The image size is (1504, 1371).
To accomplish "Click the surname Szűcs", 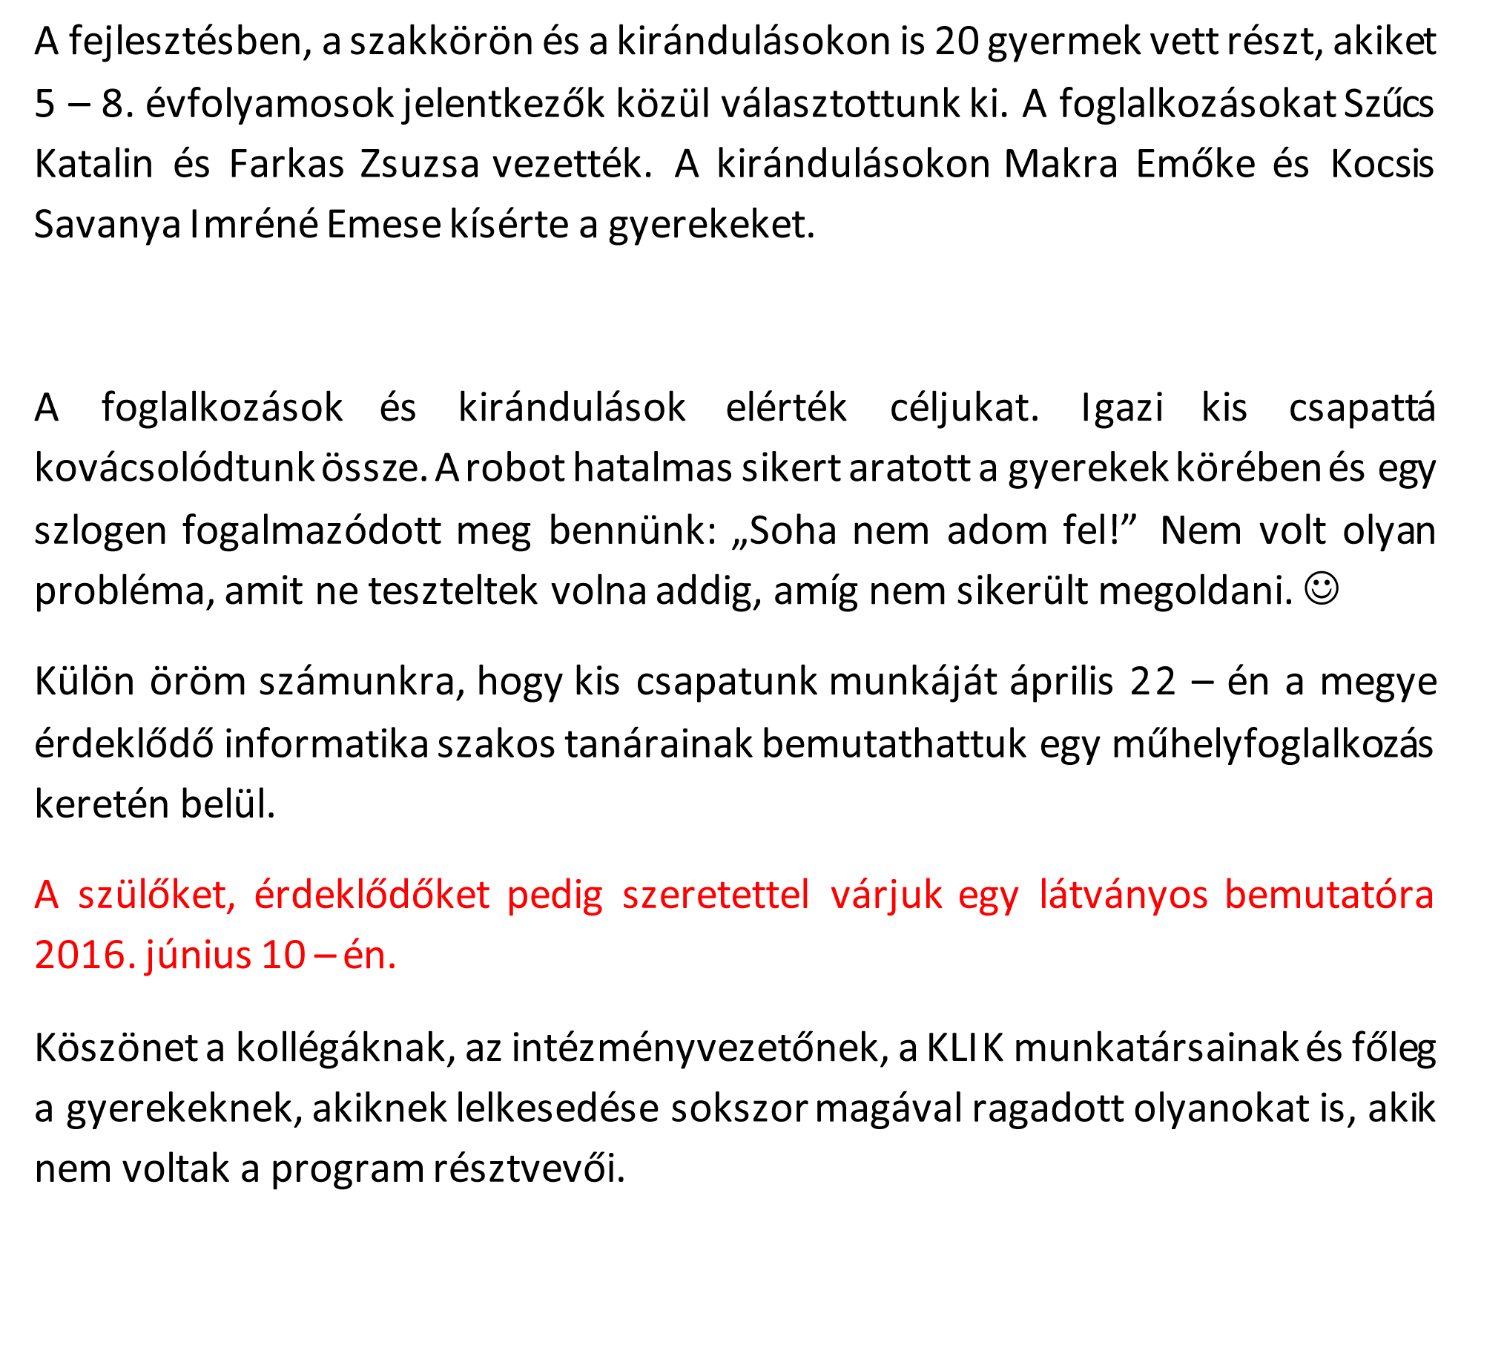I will tap(1388, 103).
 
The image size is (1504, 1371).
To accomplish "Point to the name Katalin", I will tap(94, 163).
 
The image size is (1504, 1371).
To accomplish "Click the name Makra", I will tap(1060, 163).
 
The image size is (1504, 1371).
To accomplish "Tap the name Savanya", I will tap(108, 224).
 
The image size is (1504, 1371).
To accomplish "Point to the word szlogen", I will tap(101, 531).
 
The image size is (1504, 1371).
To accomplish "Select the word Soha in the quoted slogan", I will tap(792, 530).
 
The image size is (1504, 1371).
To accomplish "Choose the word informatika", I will tap(326, 744).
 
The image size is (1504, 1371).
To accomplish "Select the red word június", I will tap(199, 956).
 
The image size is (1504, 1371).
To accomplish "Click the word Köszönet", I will tap(116, 1048).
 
